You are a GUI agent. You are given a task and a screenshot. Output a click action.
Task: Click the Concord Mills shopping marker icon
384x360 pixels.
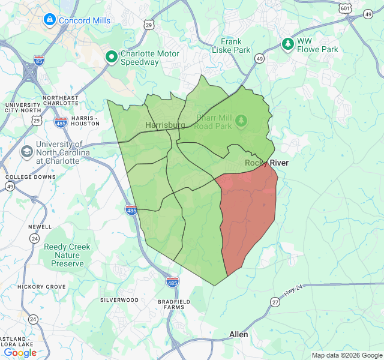(49, 20)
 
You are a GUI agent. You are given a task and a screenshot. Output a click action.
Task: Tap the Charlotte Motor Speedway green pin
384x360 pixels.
(112, 57)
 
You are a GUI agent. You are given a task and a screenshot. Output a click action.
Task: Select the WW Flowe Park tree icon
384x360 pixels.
(289, 44)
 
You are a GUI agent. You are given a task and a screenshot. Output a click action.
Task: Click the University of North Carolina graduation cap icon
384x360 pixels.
(27, 152)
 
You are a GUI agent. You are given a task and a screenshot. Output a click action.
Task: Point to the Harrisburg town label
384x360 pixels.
(165, 125)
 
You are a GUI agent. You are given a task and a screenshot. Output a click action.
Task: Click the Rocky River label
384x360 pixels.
(266, 163)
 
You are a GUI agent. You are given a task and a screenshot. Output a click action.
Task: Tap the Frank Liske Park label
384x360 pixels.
(231, 46)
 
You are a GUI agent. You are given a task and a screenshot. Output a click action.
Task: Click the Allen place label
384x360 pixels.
(239, 334)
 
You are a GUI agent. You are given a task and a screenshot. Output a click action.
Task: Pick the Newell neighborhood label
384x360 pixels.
(40, 227)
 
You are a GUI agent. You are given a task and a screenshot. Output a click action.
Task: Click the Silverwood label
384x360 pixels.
(119, 299)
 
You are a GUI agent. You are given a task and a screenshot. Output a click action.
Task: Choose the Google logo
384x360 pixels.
(20, 353)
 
